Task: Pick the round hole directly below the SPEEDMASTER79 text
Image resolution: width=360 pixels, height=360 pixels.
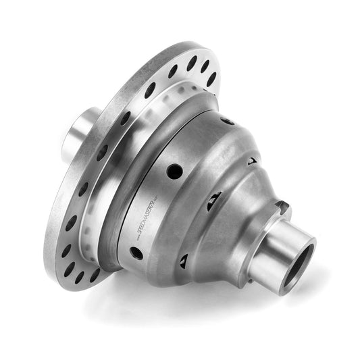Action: coord(136,252)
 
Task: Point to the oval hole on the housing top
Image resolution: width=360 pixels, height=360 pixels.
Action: coord(227,121)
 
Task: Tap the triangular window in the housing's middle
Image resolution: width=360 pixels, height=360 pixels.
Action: coord(214,201)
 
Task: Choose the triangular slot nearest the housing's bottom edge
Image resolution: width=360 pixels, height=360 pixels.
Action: coord(182,261)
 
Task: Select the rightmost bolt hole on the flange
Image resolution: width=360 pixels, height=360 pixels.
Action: coord(211,78)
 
